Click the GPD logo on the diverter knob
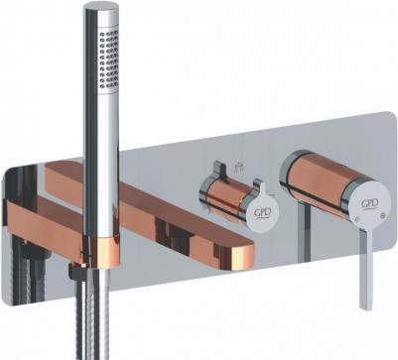pos(263,213)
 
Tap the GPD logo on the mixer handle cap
pos(370,204)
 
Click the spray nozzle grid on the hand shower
pos(108,59)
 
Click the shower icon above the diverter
pos(237,169)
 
